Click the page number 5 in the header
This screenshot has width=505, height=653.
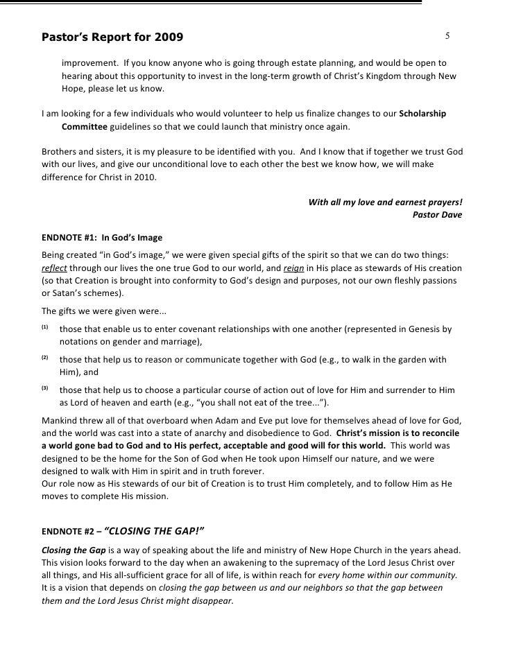pos(448,35)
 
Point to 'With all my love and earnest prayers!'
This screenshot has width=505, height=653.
pos(386,202)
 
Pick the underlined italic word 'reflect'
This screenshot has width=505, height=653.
pos(55,268)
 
